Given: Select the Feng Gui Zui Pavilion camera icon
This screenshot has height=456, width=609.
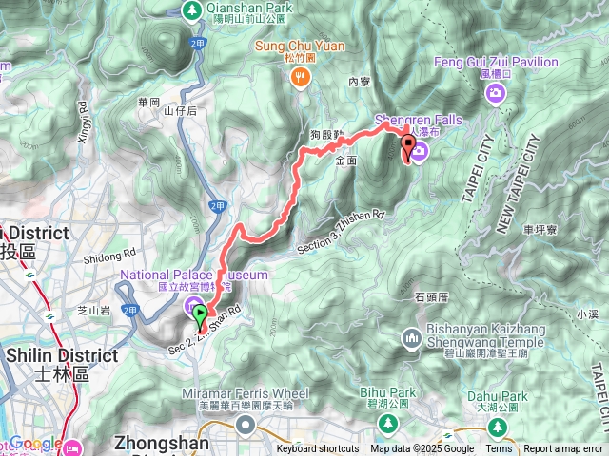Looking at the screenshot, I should (x=495, y=92).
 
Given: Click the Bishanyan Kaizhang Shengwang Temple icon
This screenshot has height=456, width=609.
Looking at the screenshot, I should (x=412, y=337).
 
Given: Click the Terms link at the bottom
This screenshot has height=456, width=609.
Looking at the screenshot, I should (x=498, y=449).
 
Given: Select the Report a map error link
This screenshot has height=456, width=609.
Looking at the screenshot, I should (x=564, y=449).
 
